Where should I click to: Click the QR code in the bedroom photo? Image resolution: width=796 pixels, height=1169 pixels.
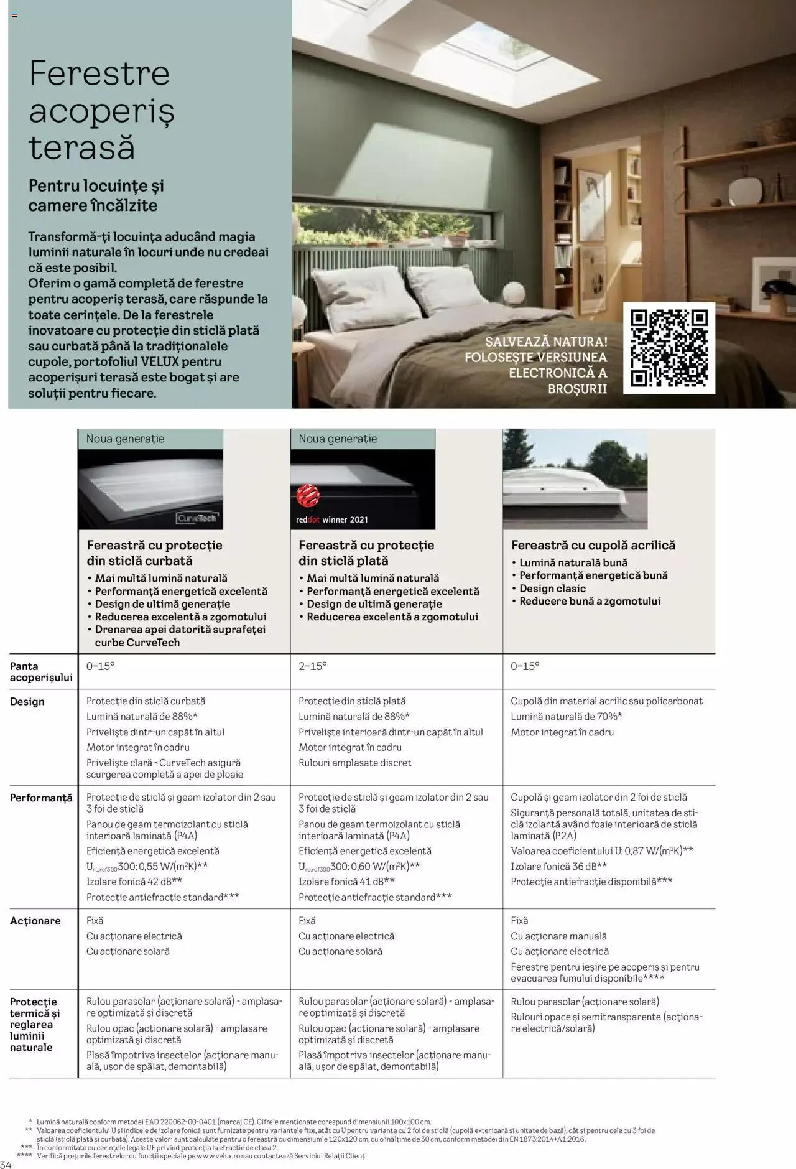click(669, 348)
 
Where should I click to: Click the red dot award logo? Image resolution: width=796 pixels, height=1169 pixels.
click(308, 497)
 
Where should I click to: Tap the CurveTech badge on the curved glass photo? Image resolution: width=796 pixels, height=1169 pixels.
click(198, 518)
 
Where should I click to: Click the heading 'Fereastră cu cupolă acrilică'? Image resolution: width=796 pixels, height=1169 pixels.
click(593, 545)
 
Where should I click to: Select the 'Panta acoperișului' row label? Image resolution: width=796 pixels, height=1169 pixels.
click(40, 672)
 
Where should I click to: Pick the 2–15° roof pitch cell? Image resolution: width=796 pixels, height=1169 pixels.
click(313, 666)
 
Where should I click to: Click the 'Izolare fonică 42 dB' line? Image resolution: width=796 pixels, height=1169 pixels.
click(134, 882)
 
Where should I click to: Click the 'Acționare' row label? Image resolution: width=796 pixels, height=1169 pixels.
click(35, 921)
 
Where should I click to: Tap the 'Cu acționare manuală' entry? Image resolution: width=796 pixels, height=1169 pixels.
click(558, 936)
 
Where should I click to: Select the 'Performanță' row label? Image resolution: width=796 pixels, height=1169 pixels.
click(41, 798)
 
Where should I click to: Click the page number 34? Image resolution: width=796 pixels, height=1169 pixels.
click(6, 1164)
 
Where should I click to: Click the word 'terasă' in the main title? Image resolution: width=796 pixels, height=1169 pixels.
click(82, 148)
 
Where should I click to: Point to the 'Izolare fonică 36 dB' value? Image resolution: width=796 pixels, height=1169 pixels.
click(558, 867)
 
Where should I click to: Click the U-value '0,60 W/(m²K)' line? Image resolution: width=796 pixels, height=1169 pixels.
click(359, 867)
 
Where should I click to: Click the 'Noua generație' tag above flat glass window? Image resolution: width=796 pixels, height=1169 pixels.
click(338, 439)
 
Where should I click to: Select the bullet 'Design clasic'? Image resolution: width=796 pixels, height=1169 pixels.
click(552, 589)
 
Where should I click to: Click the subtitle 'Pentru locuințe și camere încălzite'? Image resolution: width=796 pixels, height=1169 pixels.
click(96, 195)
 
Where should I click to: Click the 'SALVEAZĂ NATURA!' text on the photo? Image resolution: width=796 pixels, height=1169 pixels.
click(546, 342)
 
